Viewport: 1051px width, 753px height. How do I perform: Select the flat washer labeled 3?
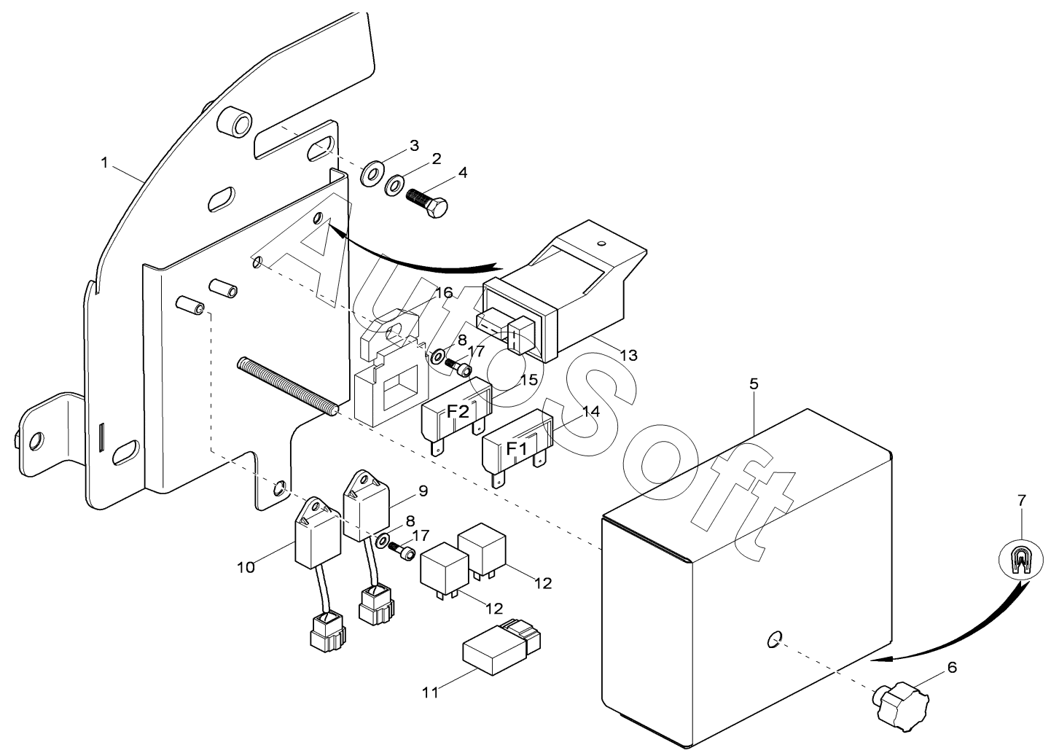[372, 174]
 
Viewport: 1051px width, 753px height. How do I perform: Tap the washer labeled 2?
[396, 187]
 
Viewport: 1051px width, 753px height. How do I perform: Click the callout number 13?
[629, 356]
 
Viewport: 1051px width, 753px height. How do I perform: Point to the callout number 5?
[754, 383]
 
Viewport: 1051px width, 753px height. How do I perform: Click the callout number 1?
[105, 163]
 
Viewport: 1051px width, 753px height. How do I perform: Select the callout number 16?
[444, 293]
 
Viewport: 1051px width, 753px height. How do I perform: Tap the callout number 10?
[246, 567]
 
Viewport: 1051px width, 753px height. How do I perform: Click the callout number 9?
[423, 491]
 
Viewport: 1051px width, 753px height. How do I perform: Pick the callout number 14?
[591, 411]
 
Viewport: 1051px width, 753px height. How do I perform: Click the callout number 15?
[530, 380]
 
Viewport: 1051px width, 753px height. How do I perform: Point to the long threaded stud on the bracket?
[288, 386]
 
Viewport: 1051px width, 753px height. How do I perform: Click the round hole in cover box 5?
[774, 639]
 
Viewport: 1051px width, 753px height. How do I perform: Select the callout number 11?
[431, 692]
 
